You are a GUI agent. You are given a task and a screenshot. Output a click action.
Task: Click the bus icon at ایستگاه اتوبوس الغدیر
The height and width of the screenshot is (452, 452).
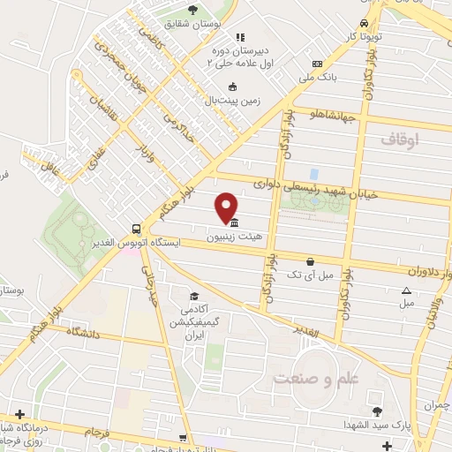click(134, 225)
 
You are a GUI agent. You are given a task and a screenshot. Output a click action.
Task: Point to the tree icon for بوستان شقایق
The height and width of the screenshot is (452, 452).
click(192, 10)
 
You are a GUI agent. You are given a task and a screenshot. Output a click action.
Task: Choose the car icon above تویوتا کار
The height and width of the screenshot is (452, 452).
click(364, 24)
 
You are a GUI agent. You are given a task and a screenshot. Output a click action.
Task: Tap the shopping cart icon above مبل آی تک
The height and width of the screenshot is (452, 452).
click(311, 261)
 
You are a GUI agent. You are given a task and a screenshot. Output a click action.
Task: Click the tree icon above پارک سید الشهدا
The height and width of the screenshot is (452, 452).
click(377, 411)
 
